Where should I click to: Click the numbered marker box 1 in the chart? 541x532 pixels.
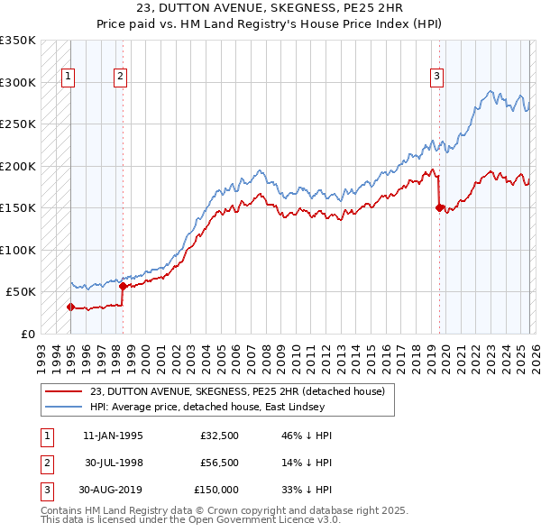coord(69,78)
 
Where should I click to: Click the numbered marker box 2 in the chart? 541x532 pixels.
coord(120,78)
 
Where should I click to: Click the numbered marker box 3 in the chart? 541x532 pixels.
coord(436,78)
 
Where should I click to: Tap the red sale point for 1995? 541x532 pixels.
coord(70,307)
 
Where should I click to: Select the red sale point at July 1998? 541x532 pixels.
coord(123,286)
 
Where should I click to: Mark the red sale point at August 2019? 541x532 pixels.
coord(439,207)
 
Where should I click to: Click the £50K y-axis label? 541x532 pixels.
coord(21,292)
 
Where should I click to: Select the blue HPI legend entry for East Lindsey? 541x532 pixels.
coord(216,407)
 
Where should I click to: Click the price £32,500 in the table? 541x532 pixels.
coord(220,436)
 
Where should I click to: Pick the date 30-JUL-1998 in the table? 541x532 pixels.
coord(114,463)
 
